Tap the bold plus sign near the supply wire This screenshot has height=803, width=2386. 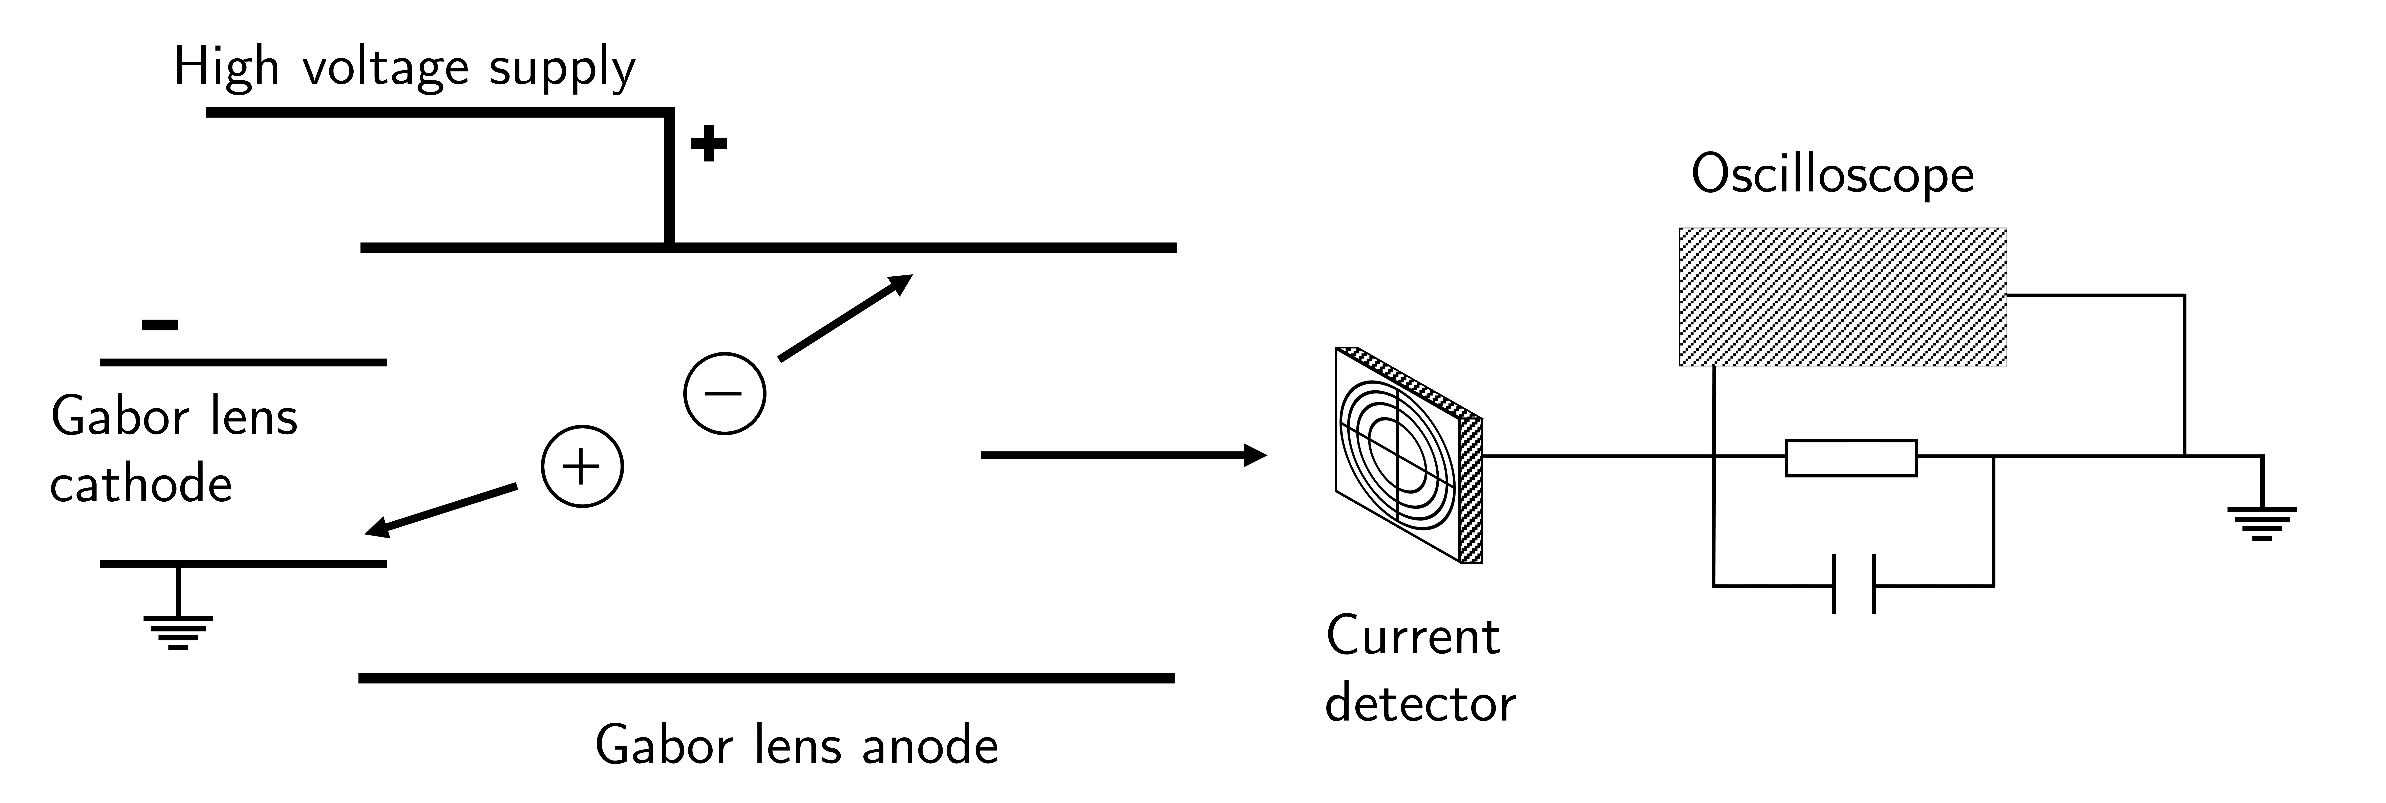709,144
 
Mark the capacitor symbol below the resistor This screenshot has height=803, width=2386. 1854,584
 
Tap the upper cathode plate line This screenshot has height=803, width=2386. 243,362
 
